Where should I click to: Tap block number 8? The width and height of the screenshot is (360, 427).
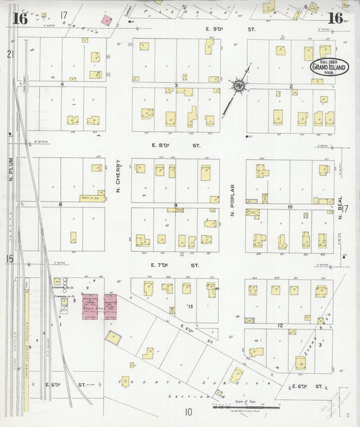pyautogui.click(x=60, y=204)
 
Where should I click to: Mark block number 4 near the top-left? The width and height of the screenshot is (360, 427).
pyautogui.click(x=61, y=84)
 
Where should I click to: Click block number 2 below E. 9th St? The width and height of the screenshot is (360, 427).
pyautogui.click(x=290, y=86)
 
